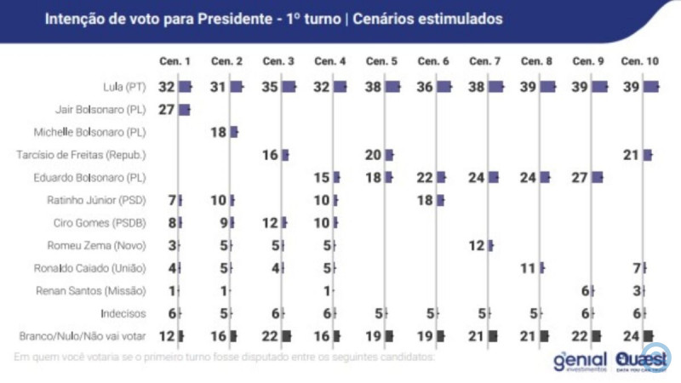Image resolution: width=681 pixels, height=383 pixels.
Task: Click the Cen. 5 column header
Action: pos(381,61)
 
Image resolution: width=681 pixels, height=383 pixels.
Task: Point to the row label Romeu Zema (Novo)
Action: pos(107,246)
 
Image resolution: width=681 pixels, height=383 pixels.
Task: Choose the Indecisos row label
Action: pos(125,313)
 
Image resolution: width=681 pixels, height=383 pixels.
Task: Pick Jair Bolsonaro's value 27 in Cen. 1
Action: pos(165,109)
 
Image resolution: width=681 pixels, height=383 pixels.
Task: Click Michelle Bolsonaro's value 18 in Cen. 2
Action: pos(218,132)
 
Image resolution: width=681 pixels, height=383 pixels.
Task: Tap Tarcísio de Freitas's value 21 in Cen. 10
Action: pos(631,155)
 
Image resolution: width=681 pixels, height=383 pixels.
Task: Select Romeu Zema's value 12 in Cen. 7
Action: pos(477,246)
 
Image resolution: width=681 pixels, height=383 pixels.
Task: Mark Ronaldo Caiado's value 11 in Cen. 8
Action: pos(528,268)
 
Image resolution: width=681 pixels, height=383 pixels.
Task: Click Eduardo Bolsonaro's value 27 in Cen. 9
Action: pos(580,177)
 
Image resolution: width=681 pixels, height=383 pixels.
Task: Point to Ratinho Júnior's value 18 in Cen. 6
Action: pos(425,200)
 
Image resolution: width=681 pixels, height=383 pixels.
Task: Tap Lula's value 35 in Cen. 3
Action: pos(270,86)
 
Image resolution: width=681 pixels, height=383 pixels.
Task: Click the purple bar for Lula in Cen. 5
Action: pos(392,86)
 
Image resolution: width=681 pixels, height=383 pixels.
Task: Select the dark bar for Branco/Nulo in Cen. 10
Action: pos(649,336)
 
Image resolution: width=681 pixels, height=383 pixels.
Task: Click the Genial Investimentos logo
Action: pos(579,361)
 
